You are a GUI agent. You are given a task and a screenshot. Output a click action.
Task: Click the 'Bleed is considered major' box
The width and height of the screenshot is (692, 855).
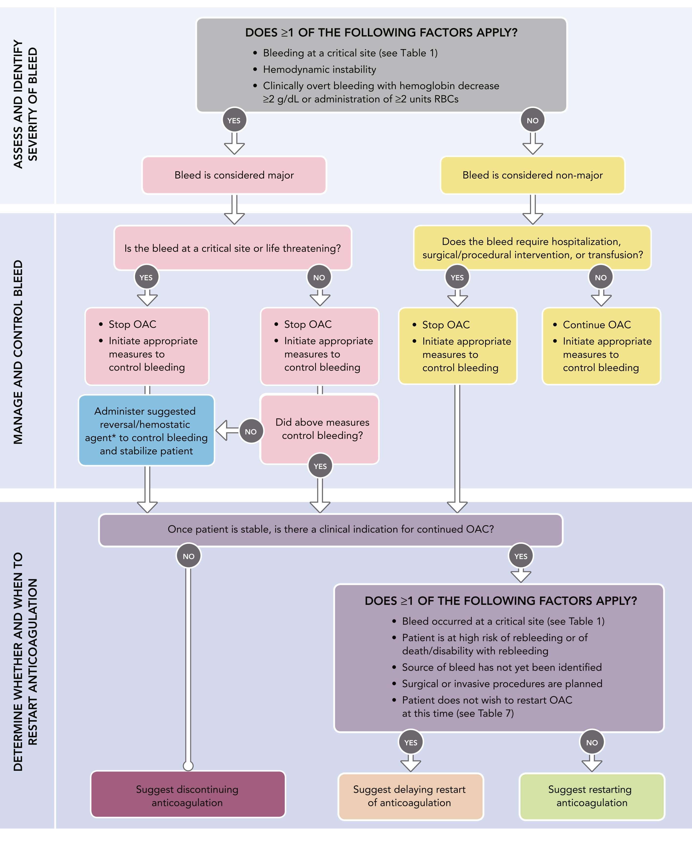click(234, 175)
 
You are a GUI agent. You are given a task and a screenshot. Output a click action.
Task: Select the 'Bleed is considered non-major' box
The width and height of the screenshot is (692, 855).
click(532, 175)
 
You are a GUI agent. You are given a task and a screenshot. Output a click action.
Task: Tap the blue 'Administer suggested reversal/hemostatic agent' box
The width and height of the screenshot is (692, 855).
click(146, 430)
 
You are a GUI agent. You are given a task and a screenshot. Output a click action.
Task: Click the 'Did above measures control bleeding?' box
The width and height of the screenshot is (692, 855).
click(319, 429)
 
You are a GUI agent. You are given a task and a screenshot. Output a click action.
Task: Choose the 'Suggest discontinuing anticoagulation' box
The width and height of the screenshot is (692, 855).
click(188, 796)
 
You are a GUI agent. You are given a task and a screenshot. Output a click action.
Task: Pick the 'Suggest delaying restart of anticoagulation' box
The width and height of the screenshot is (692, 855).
click(411, 796)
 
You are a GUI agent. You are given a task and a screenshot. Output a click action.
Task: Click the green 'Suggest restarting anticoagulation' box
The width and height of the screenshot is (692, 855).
click(592, 796)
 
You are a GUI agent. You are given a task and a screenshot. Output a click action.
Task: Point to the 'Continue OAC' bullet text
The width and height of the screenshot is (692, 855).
click(597, 325)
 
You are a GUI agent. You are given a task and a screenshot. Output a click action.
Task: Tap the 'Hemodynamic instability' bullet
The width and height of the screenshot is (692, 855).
click(319, 69)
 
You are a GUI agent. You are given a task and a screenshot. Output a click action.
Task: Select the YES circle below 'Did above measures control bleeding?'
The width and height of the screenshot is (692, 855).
click(320, 466)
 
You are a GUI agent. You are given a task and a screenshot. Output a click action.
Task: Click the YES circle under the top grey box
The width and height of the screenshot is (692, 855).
click(234, 120)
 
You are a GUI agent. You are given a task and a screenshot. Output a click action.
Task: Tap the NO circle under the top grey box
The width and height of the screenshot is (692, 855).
click(532, 120)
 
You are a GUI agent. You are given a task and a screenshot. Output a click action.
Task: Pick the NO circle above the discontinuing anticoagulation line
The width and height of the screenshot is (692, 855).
click(189, 556)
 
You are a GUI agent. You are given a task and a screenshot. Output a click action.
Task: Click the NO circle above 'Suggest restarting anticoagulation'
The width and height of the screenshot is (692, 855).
click(592, 742)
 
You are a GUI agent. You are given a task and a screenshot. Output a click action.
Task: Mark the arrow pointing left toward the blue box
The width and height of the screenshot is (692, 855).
click(227, 430)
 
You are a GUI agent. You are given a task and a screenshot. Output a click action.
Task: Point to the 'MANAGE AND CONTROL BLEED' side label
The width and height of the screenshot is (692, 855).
click(18, 352)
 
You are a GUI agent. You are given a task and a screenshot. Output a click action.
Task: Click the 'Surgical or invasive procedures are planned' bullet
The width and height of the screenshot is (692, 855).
click(502, 684)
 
